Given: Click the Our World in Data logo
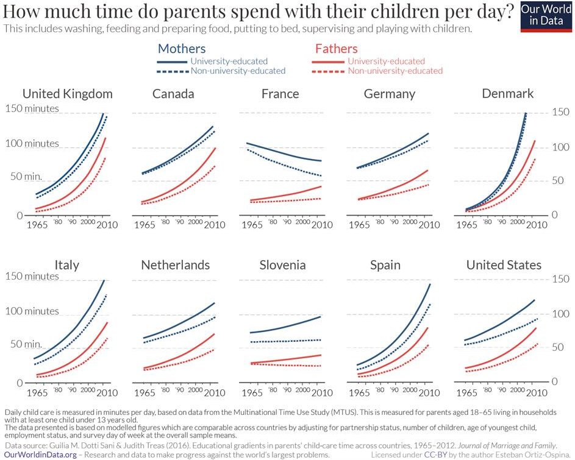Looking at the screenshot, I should click(x=546, y=16).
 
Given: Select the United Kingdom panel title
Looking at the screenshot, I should click(x=67, y=94).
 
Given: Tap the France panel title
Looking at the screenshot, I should click(x=280, y=94).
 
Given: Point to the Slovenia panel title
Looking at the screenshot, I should click(x=282, y=266).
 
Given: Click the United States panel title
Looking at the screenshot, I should click(x=504, y=266).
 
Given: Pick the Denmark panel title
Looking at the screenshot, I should click(x=507, y=94).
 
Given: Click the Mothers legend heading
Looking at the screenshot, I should click(x=182, y=49).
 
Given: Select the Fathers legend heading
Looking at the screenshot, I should click(x=336, y=49).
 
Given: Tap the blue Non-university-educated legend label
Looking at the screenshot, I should click(x=238, y=71).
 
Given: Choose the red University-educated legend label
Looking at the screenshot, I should click(x=386, y=61).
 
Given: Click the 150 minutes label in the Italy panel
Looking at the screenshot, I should click(x=32, y=277).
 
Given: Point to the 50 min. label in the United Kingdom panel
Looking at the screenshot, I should click(x=24, y=176).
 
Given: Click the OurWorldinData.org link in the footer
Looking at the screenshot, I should click(x=40, y=455).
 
